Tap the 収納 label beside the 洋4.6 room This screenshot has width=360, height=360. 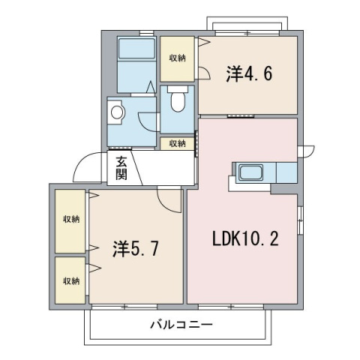pyautogui.click(x=178, y=58)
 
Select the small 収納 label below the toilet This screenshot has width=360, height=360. pyautogui.click(x=177, y=143)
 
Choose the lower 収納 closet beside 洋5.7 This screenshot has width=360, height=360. pyautogui.click(x=71, y=280)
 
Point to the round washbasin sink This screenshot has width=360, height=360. pyautogui.click(x=117, y=112)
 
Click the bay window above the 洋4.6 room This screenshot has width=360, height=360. pyautogui.click(x=251, y=26)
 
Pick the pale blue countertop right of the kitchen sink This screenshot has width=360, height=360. pyautogui.click(x=286, y=173)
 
